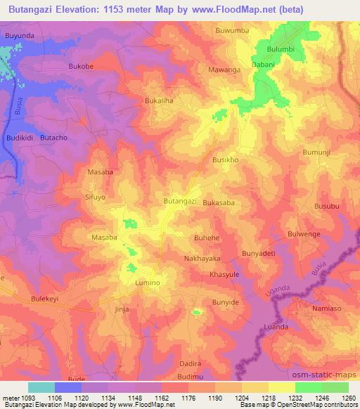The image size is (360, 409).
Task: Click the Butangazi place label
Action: [180, 201]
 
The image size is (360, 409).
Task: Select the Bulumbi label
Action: [281, 48]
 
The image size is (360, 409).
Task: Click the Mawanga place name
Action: [224, 70]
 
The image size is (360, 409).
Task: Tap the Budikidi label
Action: [20, 138]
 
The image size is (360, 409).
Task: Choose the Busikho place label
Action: [226, 160]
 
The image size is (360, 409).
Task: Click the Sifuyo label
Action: [95, 198]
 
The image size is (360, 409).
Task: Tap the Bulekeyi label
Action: [47, 299]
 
